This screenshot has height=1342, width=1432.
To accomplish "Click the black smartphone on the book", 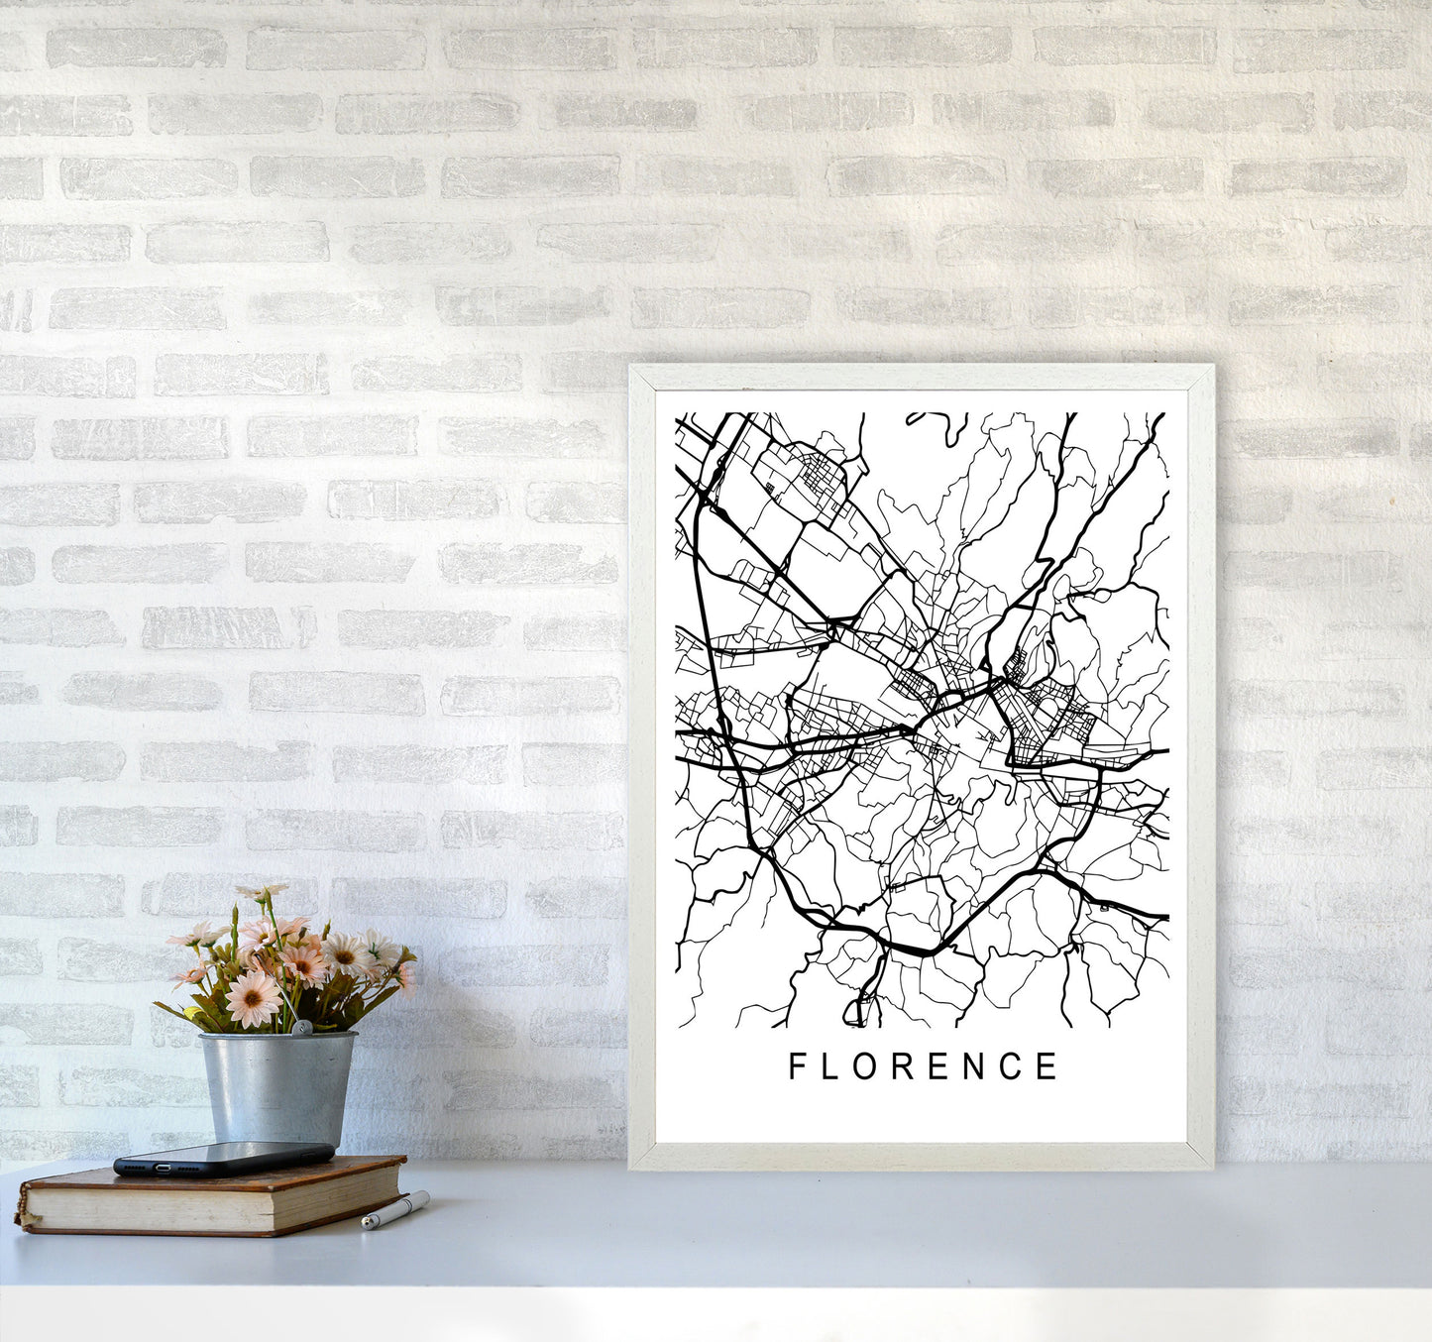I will pyautogui.click(x=223, y=1158).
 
